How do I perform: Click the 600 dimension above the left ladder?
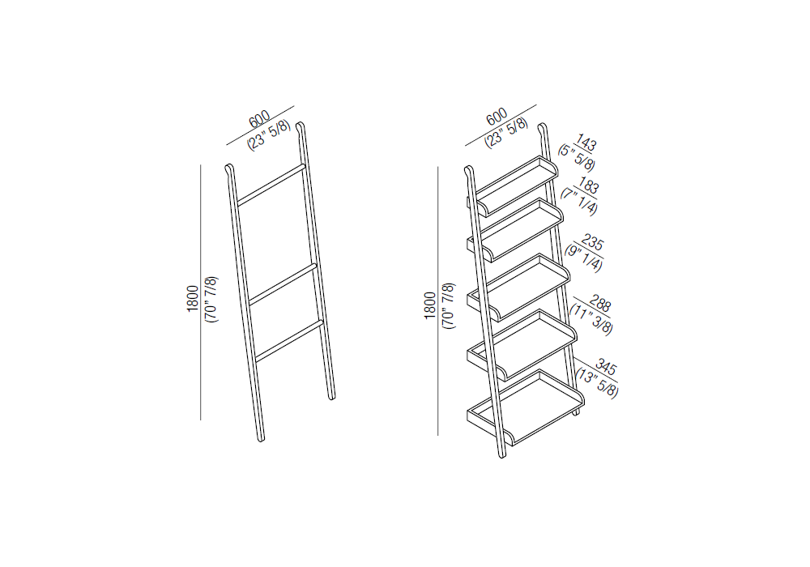pos(259,119)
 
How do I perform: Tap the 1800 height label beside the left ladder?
pos(193,298)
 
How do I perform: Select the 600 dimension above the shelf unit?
pos(497,117)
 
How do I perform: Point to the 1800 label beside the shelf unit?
pos(430,305)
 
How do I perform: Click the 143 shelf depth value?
pos(586,143)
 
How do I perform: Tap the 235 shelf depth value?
pos(593,241)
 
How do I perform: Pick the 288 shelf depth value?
pos(600,304)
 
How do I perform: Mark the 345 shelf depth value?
pos(606,367)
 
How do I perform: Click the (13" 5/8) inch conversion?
pos(597,382)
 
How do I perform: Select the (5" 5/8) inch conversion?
pos(577,157)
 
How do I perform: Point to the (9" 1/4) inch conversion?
pos(583,257)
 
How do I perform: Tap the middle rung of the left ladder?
pos(282,284)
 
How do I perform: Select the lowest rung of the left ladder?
pos(289,341)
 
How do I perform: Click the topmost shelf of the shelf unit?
pos(517,185)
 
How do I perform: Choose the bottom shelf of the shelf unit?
pos(526,407)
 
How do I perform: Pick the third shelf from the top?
pos(518,288)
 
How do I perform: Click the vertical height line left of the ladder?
pos(200,292)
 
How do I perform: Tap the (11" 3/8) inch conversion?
pos(591,319)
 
